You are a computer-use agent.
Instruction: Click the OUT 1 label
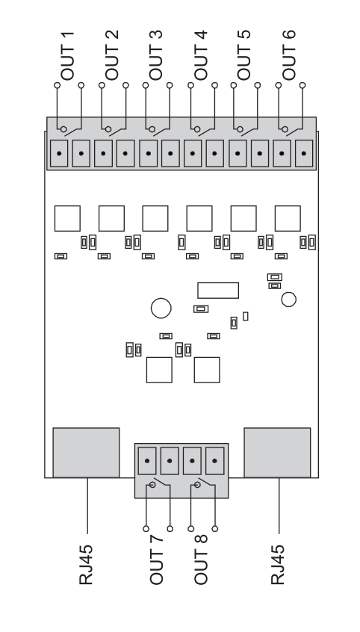pos(68,55)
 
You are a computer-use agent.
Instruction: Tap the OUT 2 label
pos(112,55)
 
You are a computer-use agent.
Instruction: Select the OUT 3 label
pos(156,55)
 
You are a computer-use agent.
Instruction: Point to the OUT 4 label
pos(200,55)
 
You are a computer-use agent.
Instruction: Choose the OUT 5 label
pos(244,55)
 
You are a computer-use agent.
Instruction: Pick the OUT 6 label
pos(288,55)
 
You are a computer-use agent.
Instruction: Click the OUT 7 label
pos(156,560)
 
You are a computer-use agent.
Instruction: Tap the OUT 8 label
pos(201,560)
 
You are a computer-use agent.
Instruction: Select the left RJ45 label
pos(86,564)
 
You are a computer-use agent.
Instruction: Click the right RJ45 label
pos(278,564)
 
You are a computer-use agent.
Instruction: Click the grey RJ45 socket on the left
pos(87,453)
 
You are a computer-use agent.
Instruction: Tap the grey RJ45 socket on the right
pos(277,453)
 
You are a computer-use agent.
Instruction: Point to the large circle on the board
pos(161,308)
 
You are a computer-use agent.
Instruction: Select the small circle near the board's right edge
pos(288,300)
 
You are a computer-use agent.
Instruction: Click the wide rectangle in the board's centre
pos(218,290)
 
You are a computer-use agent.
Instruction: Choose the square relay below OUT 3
pos(155,218)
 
